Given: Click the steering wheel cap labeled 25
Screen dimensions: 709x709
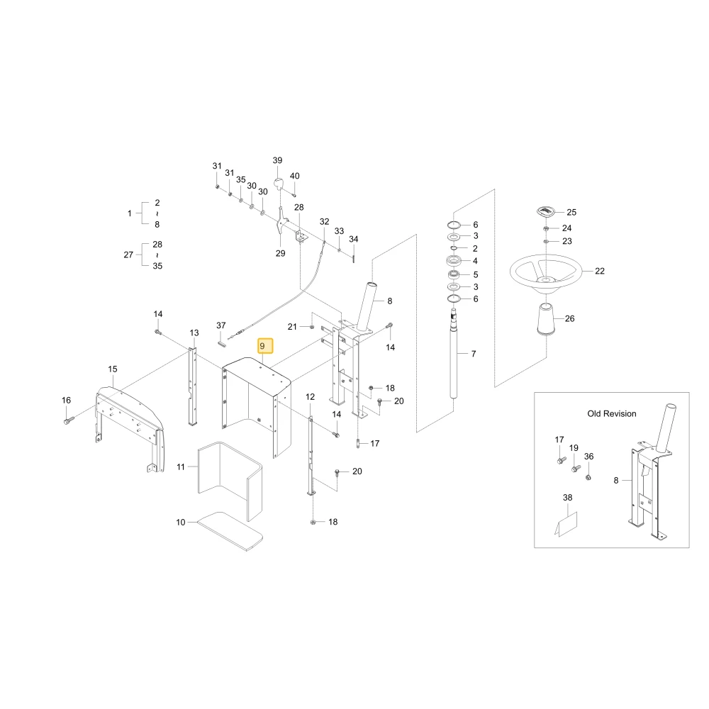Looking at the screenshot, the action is click(x=546, y=211).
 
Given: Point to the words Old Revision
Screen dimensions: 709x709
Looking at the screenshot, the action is click(x=611, y=414).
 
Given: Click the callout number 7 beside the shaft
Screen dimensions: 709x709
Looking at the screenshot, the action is click(x=474, y=354).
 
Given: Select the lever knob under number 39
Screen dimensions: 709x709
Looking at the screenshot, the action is click(x=278, y=184).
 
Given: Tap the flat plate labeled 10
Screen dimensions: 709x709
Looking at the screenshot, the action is click(x=230, y=531).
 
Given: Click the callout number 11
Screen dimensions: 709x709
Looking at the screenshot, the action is click(x=181, y=467).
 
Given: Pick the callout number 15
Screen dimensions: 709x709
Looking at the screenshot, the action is click(x=113, y=369).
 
